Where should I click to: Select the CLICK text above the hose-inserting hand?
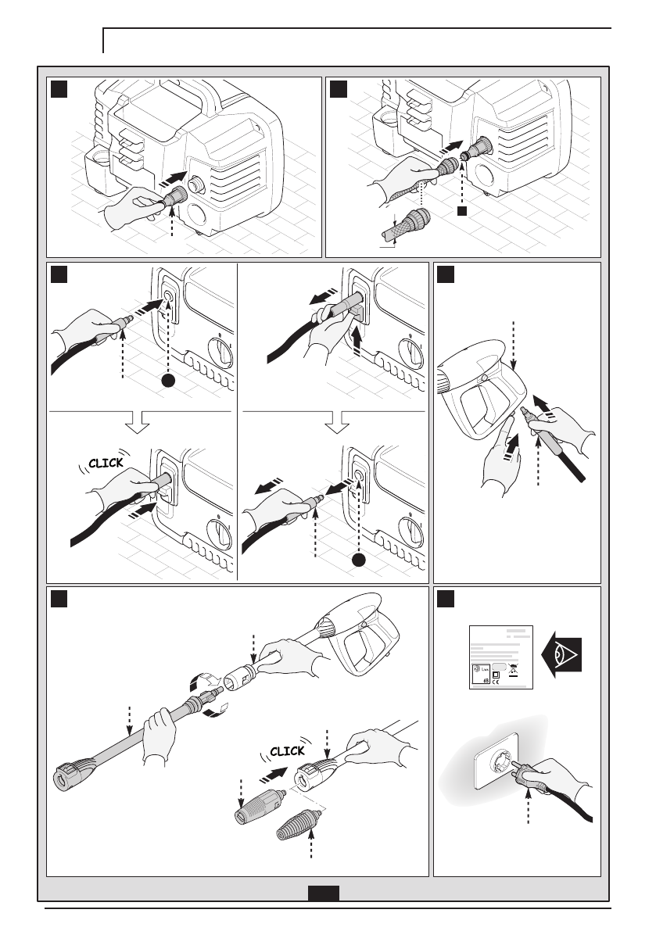pyautogui.click(x=106, y=464)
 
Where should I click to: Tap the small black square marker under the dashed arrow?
pyautogui.click(x=462, y=210)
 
